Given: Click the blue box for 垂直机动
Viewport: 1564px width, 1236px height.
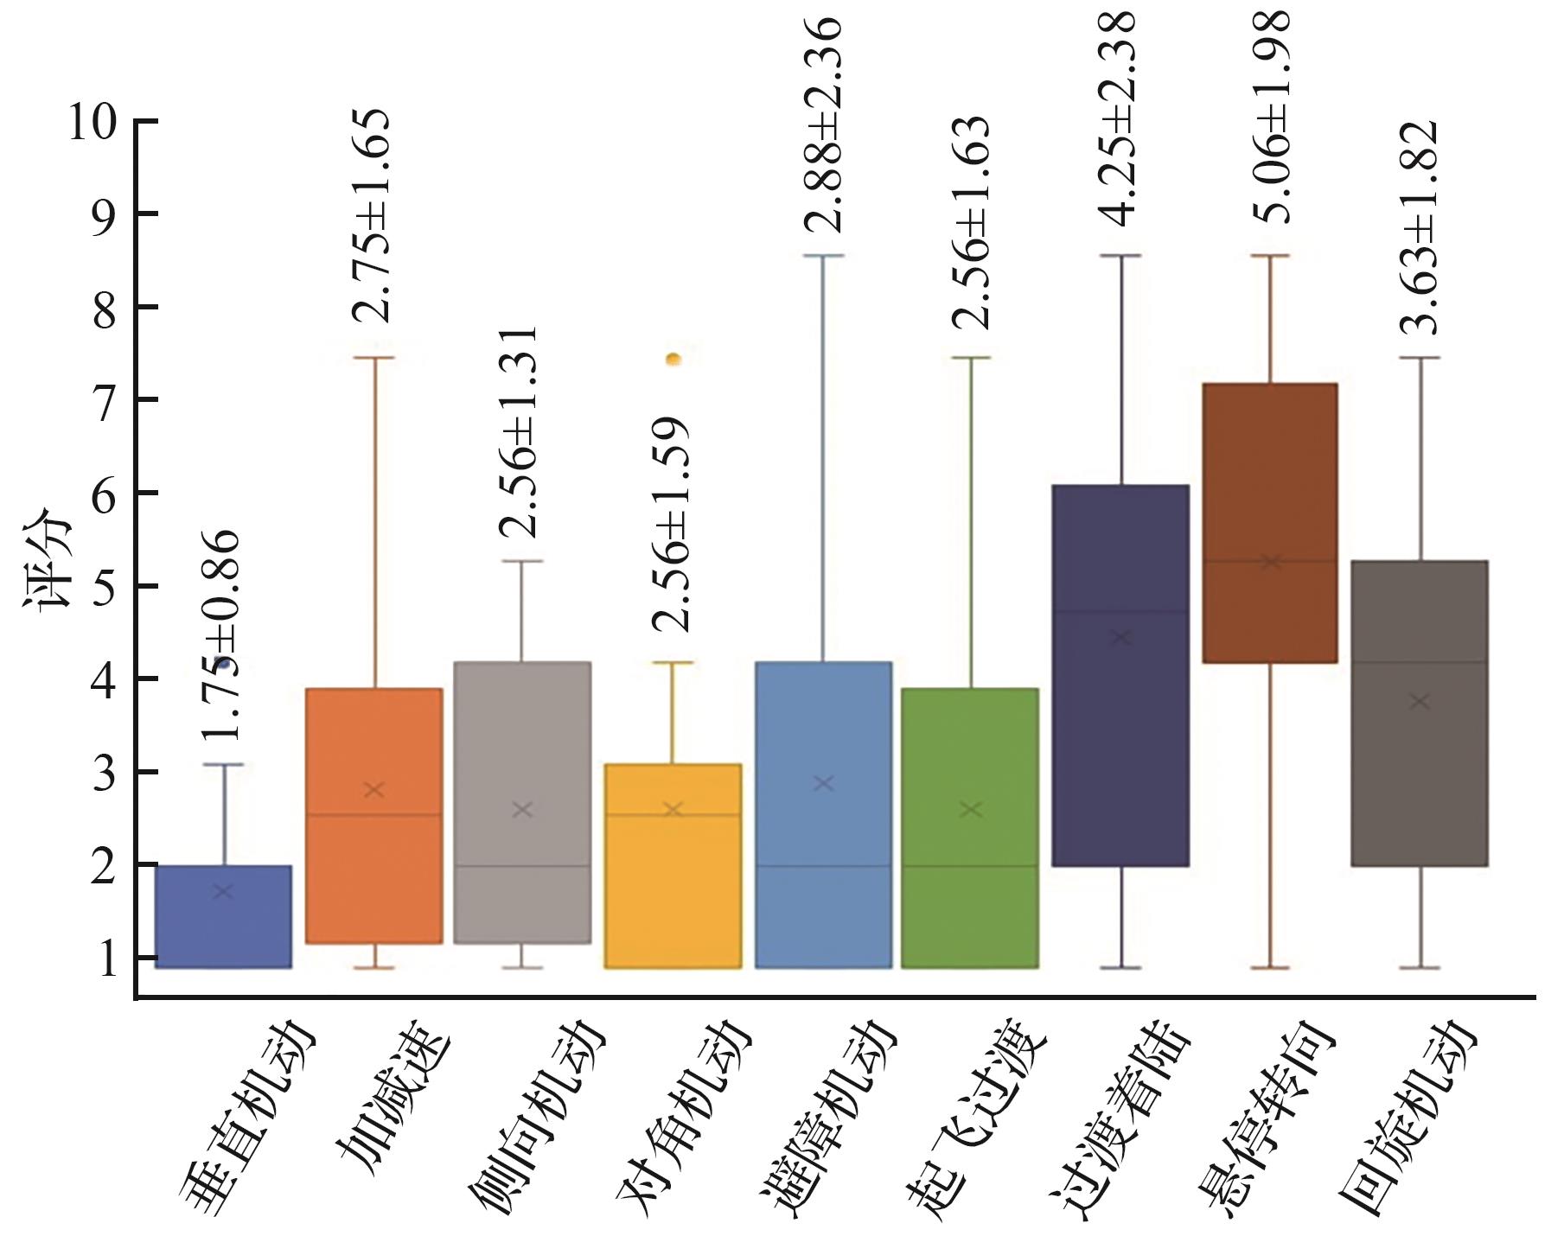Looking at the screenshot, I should pos(223,916).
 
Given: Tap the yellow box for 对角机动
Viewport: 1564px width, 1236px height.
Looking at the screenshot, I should pos(673,865).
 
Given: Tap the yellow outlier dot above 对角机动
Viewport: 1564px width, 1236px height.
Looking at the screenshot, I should pos(673,359).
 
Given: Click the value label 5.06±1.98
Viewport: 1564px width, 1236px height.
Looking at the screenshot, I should pos(1272,117).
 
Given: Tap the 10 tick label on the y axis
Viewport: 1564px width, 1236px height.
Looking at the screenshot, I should pos(91,123).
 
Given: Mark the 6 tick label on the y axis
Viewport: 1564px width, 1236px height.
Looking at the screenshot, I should pos(104,494).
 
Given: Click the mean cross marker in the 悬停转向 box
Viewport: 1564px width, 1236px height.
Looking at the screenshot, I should pos(1270,562).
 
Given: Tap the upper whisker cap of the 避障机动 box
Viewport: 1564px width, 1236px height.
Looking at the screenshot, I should pos(823,256).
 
